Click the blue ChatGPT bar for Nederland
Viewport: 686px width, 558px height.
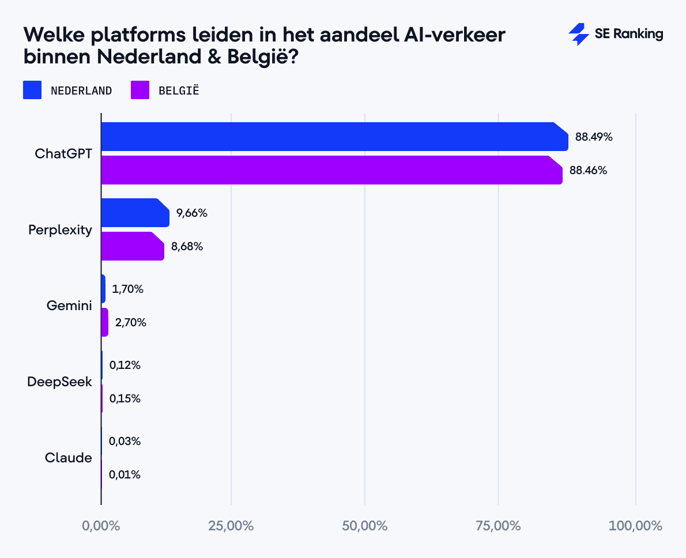pyautogui.click(x=334, y=137)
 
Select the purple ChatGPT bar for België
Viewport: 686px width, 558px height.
pyautogui.click(x=331, y=170)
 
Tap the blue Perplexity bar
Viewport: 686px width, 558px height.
pyautogui.click(x=135, y=213)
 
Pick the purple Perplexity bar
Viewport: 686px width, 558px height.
pyautogui.click(x=132, y=246)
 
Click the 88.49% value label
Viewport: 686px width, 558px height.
pyautogui.click(x=594, y=137)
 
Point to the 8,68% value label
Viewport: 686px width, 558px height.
pyautogui.click(x=187, y=246)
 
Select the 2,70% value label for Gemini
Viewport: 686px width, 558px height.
pyautogui.click(x=131, y=322)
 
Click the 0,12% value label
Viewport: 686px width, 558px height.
pyautogui.click(x=125, y=365)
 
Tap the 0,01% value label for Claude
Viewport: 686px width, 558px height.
pyautogui.click(x=125, y=474)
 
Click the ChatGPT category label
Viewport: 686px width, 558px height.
pyautogui.click(x=63, y=154)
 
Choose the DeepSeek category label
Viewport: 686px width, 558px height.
pyautogui.click(x=59, y=382)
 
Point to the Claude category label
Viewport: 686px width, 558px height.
pyautogui.click(x=69, y=458)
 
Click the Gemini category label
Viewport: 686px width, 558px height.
pyautogui.click(x=69, y=306)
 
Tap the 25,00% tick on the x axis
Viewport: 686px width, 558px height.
pyautogui.click(x=232, y=526)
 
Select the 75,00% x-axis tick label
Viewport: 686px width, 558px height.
pyautogui.click(x=499, y=526)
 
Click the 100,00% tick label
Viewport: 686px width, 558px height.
pyautogui.click(x=636, y=526)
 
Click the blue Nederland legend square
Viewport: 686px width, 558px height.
pyautogui.click(x=32, y=91)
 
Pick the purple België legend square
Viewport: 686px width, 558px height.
pyautogui.click(x=140, y=91)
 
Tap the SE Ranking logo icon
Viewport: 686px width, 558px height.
pyautogui.click(x=578, y=35)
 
